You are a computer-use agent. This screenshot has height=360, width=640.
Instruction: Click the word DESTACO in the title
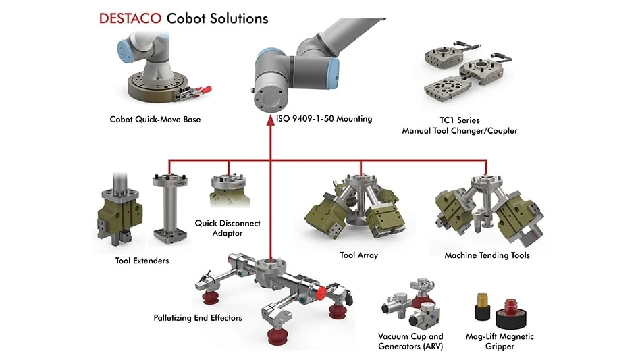(130, 18)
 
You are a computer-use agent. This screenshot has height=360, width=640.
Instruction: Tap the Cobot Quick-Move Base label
(155, 120)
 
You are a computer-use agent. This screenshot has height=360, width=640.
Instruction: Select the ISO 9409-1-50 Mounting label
(324, 119)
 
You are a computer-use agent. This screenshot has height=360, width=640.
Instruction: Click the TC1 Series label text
(460, 120)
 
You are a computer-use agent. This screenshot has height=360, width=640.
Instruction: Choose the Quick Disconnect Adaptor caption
(228, 228)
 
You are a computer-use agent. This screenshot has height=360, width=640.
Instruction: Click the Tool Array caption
(358, 255)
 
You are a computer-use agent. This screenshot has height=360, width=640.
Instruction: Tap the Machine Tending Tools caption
(487, 255)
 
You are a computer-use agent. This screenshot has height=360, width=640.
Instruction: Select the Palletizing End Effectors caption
(198, 317)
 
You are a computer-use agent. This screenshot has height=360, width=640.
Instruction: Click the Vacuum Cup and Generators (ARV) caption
(410, 341)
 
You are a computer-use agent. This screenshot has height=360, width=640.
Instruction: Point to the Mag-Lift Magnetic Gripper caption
(500, 341)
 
